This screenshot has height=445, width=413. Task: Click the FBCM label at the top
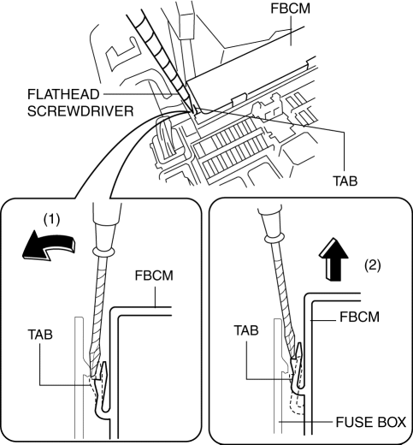tap(290, 9)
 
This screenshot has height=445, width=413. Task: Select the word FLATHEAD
tap(63, 94)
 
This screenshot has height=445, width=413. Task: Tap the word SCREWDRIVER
tap(80, 111)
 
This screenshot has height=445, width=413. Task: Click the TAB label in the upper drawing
tap(345, 181)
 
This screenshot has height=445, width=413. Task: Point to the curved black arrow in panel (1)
tap(49, 246)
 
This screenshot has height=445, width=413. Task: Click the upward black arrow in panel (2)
tap(333, 259)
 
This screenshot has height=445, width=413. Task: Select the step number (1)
tap(51, 220)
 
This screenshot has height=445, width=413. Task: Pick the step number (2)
tap(373, 265)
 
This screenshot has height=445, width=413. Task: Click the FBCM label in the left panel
tap(154, 276)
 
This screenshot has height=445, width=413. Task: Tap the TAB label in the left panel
tap(40, 335)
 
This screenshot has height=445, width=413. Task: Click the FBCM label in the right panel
tap(359, 317)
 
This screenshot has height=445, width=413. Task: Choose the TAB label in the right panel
tap(246, 330)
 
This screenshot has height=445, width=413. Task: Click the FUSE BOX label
tap(371, 422)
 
